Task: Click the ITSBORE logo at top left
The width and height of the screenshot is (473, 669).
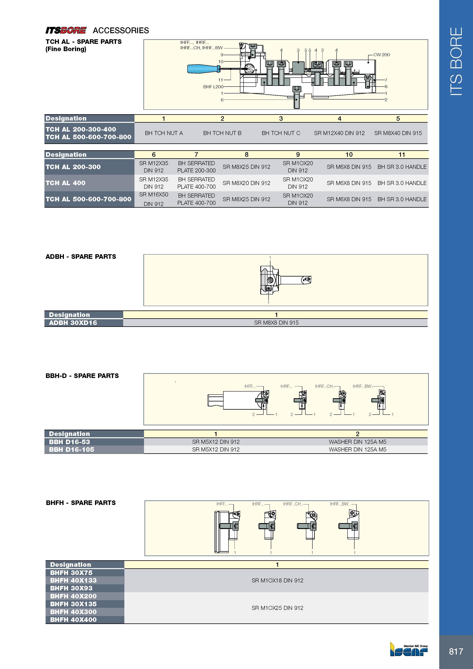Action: point(66,30)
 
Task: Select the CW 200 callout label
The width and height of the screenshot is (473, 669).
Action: point(381,55)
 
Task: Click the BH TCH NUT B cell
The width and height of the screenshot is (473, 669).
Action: point(222,133)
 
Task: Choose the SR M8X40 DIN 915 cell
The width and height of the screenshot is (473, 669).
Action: point(398,133)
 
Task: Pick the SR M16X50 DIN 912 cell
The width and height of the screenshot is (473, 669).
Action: point(154,199)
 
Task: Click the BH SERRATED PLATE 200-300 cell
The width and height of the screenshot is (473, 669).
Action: point(196,167)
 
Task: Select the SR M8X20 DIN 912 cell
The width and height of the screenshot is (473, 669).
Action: point(247,183)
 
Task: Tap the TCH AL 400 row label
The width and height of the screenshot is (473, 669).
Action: point(66,183)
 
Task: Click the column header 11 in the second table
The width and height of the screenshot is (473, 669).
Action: point(402,155)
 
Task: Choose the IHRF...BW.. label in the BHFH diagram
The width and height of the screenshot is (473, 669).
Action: point(340,504)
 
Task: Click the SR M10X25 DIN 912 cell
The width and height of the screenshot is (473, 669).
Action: point(278,608)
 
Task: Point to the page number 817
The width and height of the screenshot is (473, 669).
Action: point(456,651)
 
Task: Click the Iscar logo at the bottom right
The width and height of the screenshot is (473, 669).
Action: point(409,649)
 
